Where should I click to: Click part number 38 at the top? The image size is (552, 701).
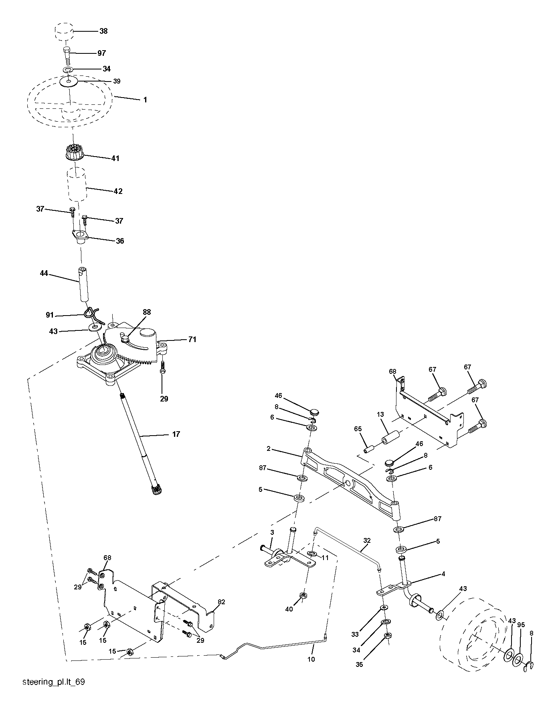tap(103, 31)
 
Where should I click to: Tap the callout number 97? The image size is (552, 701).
tap(101, 53)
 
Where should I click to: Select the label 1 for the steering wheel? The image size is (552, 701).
tap(145, 100)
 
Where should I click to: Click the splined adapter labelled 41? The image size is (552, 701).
tap(74, 153)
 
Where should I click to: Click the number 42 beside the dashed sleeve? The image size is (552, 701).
tap(118, 191)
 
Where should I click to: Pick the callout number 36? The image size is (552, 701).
tap(120, 241)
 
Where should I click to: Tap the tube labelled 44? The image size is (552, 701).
tap(83, 284)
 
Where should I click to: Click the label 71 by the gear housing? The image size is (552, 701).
tap(192, 340)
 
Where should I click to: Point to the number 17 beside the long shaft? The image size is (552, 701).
tap(176, 434)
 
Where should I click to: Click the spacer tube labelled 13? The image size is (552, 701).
tap(391, 437)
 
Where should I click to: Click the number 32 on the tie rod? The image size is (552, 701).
tap(367, 540)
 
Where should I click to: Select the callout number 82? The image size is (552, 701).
tap(221, 602)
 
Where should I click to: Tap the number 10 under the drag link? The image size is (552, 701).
tap(311, 659)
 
